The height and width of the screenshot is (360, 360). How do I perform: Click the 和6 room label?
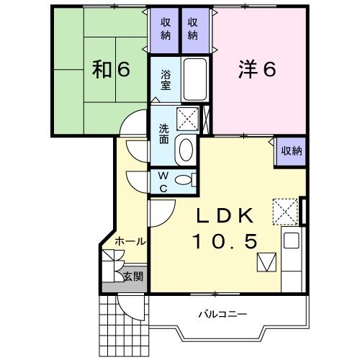(x=111, y=69)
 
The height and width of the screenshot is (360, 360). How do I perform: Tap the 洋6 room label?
(x=257, y=69)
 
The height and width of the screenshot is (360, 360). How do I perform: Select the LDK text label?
(x=225, y=215)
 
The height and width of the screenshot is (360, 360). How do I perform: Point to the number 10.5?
(x=225, y=241)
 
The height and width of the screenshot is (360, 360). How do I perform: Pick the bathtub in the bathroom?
(x=195, y=79)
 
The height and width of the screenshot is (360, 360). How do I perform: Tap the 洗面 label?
(x=164, y=134)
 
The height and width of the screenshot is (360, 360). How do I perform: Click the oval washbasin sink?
(x=186, y=150)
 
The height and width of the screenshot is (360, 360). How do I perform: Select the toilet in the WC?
(x=185, y=180)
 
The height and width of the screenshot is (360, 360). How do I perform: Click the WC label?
(x=163, y=182)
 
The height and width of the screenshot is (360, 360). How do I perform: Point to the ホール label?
(x=130, y=241)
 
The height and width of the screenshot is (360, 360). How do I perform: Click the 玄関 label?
(x=133, y=276)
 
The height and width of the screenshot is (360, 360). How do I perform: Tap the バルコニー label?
(x=222, y=314)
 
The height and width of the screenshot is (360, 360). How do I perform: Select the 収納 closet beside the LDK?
(x=291, y=151)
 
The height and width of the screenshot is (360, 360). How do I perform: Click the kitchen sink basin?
(x=292, y=240)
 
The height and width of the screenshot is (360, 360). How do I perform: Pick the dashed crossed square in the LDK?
(x=285, y=212)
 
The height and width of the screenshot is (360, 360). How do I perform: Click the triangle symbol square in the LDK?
(x=266, y=262)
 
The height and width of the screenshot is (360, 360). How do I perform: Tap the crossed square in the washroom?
(x=188, y=119)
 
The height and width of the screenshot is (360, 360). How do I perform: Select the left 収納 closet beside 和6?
(x=164, y=30)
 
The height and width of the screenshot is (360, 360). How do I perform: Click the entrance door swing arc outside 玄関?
(x=131, y=308)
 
